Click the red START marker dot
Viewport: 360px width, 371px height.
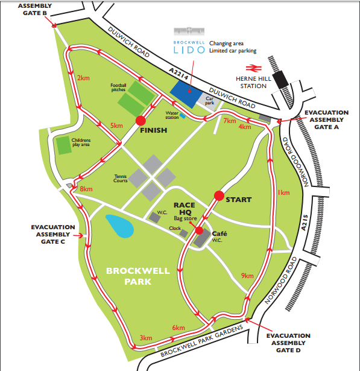[x=219, y=195]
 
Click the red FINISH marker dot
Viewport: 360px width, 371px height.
[x=141, y=119]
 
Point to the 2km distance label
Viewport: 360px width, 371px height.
[x=84, y=78]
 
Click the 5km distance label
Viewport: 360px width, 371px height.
[x=116, y=125]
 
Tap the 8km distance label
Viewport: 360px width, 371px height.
[x=86, y=189]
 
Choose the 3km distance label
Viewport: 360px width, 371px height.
[x=145, y=337]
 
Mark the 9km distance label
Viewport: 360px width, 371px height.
[x=247, y=275]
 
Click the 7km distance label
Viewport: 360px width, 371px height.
[x=230, y=121]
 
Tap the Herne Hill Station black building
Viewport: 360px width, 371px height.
[x=280, y=80]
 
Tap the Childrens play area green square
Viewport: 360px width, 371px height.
[x=63, y=145]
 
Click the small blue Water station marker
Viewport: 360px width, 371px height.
[x=182, y=116]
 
